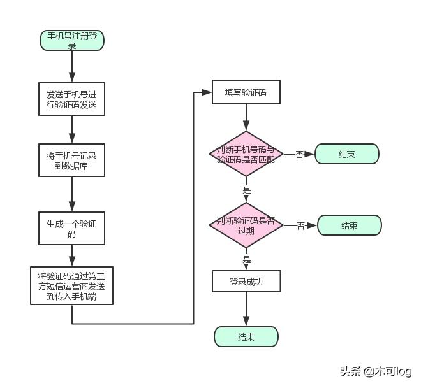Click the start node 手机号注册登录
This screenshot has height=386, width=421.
[x=71, y=41]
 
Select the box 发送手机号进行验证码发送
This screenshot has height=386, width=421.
[x=71, y=99]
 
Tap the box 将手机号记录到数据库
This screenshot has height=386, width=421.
[x=71, y=160]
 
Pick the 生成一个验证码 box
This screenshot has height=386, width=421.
[x=71, y=229]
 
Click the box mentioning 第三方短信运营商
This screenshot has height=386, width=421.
[x=71, y=286]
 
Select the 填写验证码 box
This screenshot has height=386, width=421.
[x=246, y=93]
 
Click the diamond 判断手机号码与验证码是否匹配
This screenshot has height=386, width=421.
[x=246, y=154]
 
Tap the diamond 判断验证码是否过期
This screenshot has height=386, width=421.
[x=246, y=225]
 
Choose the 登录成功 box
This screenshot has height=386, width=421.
[x=246, y=281]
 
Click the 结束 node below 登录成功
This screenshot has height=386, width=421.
[x=246, y=337]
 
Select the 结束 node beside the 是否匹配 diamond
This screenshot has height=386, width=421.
[x=347, y=154]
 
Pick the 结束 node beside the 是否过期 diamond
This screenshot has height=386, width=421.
[x=349, y=225]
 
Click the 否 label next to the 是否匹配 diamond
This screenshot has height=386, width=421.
[x=300, y=155]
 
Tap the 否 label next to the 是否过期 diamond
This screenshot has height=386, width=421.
[x=301, y=226]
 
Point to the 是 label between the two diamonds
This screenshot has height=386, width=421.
[x=247, y=190]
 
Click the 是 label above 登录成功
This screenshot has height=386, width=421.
[x=247, y=260]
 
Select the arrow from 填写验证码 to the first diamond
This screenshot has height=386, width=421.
[x=246, y=118]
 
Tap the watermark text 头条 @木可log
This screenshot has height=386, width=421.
[x=375, y=371]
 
